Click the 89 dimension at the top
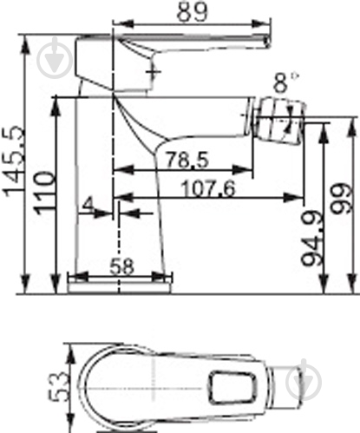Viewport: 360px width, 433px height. [192, 12]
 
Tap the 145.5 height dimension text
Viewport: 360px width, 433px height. [12, 161]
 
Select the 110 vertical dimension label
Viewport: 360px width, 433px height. [44, 193]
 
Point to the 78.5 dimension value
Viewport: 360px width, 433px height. [187, 160]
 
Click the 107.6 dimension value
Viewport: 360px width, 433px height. [208, 189]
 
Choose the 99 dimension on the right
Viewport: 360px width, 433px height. [342, 198]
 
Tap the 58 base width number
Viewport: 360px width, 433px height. [121, 266]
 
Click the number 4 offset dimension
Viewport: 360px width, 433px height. [88, 205]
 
